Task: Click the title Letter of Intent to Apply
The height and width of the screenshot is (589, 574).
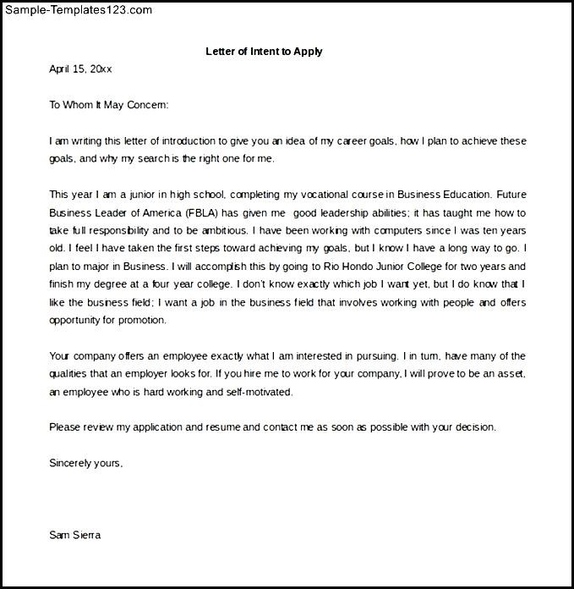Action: pyautogui.click(x=264, y=52)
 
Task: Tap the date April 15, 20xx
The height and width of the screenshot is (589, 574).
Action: pyautogui.click(x=80, y=69)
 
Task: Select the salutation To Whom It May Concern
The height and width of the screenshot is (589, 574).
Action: pyautogui.click(x=109, y=105)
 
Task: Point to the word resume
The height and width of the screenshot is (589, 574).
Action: pyautogui.click(x=224, y=427)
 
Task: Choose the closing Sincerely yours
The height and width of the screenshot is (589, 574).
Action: pyautogui.click(x=86, y=463)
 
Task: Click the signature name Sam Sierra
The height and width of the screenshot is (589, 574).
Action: pyautogui.click(x=75, y=535)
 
